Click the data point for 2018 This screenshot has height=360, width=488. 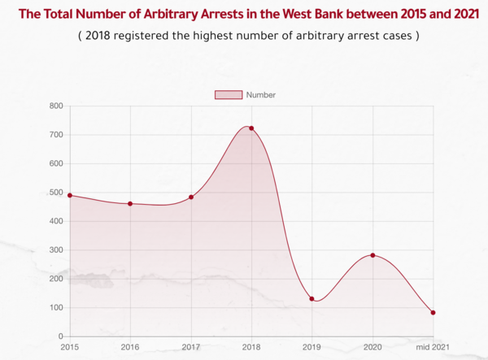(251, 128)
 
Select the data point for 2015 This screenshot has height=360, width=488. (70, 195)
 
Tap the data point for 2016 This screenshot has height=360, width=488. (130, 203)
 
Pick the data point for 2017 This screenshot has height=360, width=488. (191, 197)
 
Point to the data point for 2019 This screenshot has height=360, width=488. (312, 299)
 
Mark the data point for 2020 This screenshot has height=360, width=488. (373, 255)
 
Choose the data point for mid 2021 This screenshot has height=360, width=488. (433, 313)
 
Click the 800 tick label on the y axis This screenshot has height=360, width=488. (55, 106)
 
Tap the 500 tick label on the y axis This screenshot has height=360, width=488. (55, 193)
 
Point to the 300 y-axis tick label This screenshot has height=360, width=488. (55, 250)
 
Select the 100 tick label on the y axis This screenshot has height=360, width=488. (55, 308)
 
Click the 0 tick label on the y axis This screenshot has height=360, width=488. (59, 336)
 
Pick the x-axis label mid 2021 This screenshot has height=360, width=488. (433, 347)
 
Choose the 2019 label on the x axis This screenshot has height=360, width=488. (312, 347)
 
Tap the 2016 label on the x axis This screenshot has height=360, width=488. (130, 347)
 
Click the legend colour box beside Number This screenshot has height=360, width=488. (228, 95)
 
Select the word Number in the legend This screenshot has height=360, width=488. (260, 95)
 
